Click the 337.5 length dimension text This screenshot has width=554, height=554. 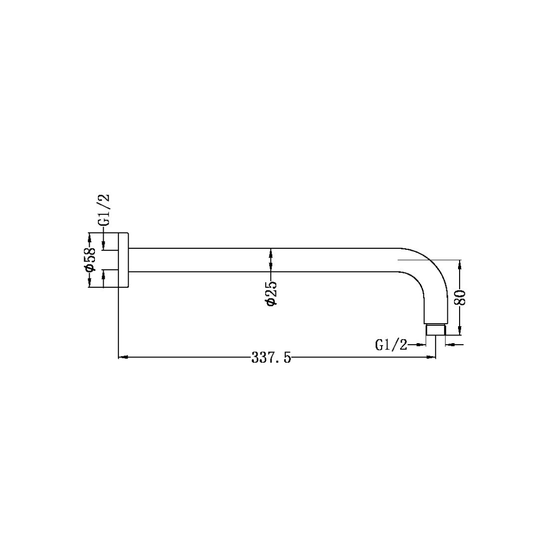pos(271,358)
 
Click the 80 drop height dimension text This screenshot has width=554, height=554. pos(461,298)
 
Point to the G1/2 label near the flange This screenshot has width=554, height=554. pos(104,210)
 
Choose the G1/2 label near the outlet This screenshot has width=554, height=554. pos(391,345)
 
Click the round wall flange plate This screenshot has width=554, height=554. pos(124,260)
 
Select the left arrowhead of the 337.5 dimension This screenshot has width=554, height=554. pos(122,357)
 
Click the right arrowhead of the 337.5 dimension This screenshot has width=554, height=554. pos(432,357)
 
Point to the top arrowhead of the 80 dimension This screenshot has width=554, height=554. pos(460,264)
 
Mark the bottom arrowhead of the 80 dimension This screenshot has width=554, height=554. pos(460,331)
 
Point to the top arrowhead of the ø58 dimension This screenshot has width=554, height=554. pos(90,236)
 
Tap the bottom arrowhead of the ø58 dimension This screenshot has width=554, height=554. pos(90,284)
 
